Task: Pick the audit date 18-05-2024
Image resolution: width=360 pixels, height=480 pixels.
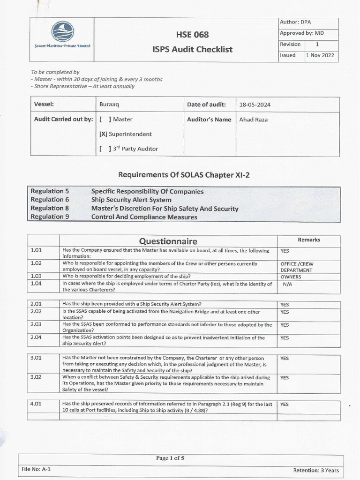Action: (255, 105)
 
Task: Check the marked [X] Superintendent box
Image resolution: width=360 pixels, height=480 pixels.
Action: (104, 134)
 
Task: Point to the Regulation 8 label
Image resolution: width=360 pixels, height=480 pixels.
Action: (50, 208)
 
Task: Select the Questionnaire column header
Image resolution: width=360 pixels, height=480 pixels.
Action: (168, 241)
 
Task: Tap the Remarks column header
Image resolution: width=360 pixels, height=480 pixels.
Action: (308, 240)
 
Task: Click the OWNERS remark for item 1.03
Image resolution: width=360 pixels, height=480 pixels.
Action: (291, 277)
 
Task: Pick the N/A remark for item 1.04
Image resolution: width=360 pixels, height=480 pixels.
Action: (288, 284)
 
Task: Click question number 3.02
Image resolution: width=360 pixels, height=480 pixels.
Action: (37, 377)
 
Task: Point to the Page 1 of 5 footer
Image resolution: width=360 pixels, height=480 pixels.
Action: (170, 458)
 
